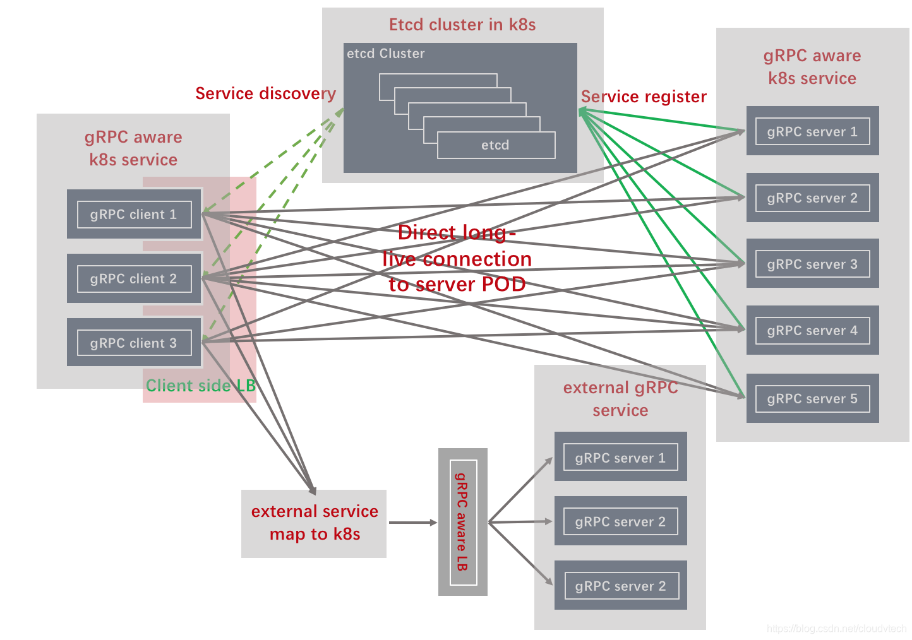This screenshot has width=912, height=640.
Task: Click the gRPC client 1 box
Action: pos(134,214)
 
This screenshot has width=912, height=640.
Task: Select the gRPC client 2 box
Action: pos(134,278)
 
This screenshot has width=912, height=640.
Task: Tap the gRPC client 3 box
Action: pos(134,342)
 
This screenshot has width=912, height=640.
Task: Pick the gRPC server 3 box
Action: pos(812,264)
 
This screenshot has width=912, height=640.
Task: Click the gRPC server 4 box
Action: pos(812,330)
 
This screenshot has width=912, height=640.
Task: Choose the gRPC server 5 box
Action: pos(812,398)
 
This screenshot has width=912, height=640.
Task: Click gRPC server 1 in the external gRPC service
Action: pos(620,456)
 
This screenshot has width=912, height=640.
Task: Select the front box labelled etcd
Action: pos(496,145)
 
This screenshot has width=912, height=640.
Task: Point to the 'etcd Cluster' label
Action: pos(385,54)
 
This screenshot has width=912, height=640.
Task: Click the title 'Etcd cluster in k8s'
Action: pos(462,25)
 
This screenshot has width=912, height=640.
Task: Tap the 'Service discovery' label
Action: pos(265,93)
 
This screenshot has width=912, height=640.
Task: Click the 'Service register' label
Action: pos(644,97)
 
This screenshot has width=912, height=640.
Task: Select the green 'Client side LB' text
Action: pos(201,385)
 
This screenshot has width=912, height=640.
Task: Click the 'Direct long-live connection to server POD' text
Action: pos(457,258)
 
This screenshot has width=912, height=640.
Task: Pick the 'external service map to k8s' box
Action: pos(313,524)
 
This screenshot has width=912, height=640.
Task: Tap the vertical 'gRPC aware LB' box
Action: pos(463,522)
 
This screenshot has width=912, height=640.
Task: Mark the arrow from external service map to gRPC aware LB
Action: pos(413,523)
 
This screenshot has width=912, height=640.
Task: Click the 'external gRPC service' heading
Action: pos(620,399)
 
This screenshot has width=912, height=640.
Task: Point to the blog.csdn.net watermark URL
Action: pos(836,629)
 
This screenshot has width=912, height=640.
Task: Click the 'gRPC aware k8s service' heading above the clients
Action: pos(133,148)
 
